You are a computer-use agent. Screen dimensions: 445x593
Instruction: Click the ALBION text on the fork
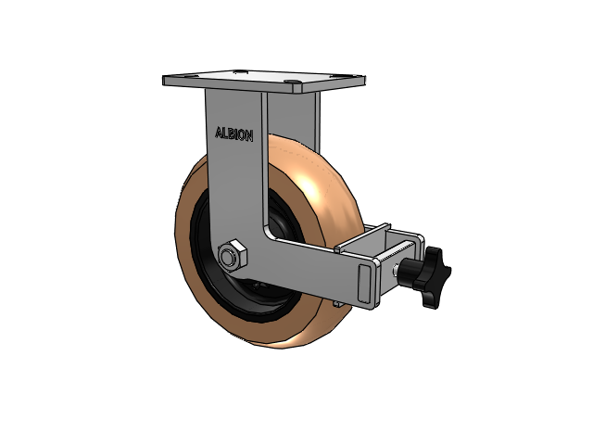point(233,133)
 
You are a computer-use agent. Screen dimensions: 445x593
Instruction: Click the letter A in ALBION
point(219,133)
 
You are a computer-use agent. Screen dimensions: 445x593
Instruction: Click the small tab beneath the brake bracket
point(344,300)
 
